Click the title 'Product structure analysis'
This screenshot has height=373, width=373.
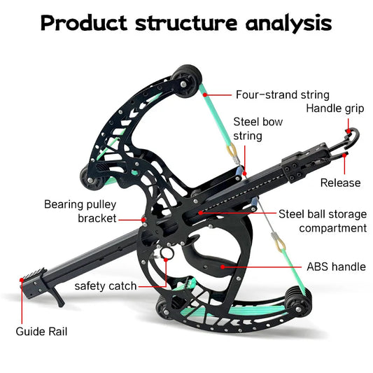point(186,22)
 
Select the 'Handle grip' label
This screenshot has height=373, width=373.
point(334,108)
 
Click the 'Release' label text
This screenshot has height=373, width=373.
point(340,183)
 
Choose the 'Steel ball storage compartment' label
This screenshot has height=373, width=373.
point(323,220)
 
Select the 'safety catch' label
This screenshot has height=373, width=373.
point(106,286)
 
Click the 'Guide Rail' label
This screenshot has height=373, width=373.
point(43,330)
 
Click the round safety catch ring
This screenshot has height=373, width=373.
point(167,253)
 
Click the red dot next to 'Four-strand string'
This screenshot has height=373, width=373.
point(213,94)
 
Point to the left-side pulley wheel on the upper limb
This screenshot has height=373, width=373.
point(92,177)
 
